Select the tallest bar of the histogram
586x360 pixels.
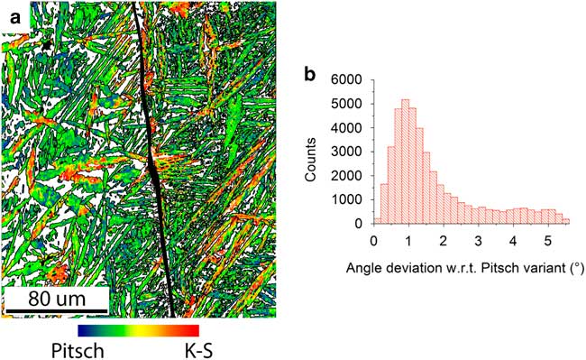tap(406, 162)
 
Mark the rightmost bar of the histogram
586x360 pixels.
tap(566, 220)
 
